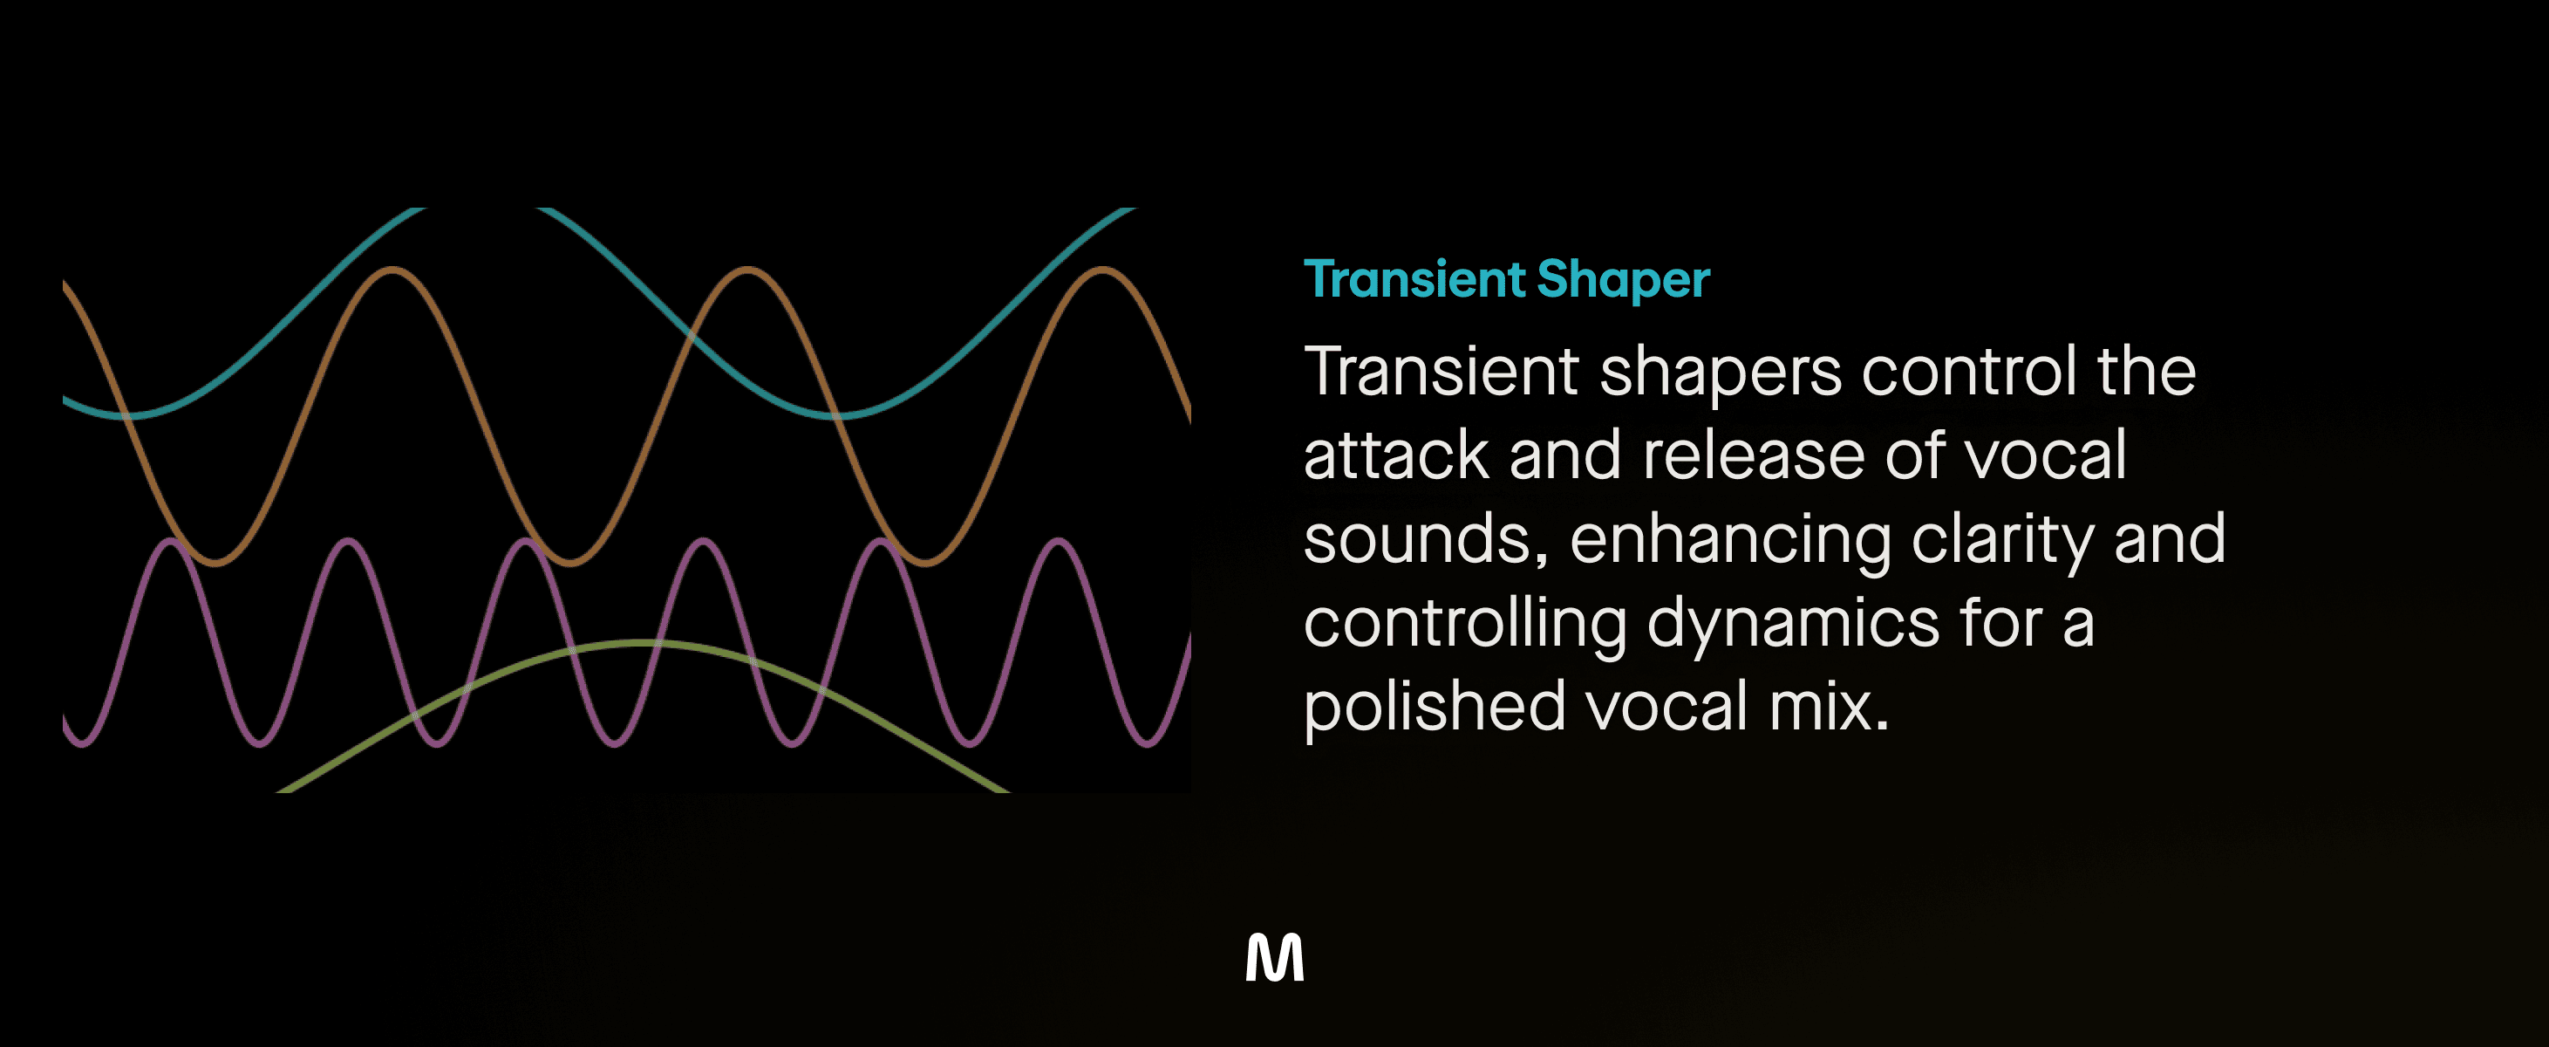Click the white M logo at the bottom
pos(1275,957)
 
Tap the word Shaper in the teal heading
pos(1623,280)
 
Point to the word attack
pos(1396,455)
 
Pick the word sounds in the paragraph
pos(1426,540)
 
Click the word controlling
pos(1465,626)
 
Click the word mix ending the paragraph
pos(1829,708)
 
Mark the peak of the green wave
pos(641,643)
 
